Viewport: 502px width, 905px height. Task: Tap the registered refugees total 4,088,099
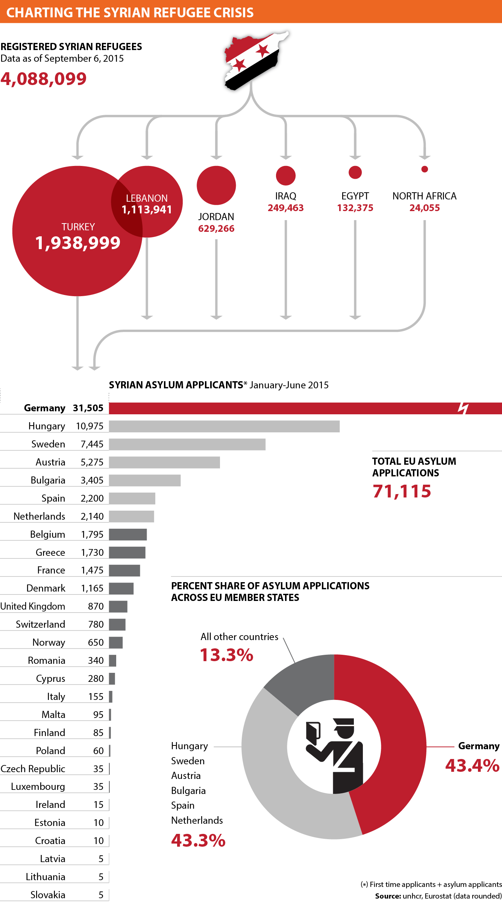[44, 79]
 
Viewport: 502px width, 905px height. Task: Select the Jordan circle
[216, 185]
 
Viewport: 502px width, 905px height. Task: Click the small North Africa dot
[425, 169]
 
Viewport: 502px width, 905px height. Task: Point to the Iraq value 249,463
[285, 208]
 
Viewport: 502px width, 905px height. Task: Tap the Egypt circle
[355, 172]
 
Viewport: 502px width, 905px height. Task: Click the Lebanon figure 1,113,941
[147, 210]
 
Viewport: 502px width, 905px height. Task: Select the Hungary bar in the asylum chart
[224, 426]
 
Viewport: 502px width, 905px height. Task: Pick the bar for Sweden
[187, 444]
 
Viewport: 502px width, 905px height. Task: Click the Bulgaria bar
[145, 481]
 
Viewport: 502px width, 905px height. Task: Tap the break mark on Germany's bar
[463, 408]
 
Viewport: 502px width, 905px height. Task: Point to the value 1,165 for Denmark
[92, 589]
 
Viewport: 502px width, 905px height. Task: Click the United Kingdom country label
[33, 606]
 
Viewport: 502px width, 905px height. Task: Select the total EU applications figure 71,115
[402, 491]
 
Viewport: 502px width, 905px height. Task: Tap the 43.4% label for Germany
[472, 766]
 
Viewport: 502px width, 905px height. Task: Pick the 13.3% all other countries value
[226, 655]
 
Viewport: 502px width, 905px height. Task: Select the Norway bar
[116, 643]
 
